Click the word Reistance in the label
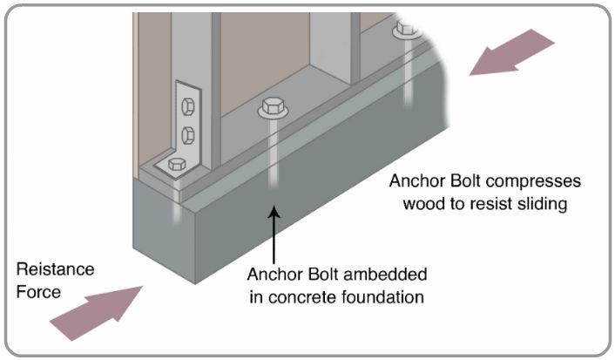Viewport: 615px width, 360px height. tap(55, 269)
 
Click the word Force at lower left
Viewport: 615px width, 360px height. tap(38, 292)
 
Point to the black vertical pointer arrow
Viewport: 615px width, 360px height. tap(275, 231)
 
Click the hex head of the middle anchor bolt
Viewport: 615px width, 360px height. tap(269, 111)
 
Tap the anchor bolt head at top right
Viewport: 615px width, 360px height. tap(405, 29)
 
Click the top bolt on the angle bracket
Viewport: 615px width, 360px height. tap(186, 107)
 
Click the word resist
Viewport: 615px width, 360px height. tap(481, 205)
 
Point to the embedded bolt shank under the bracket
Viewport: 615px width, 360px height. tap(177, 209)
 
